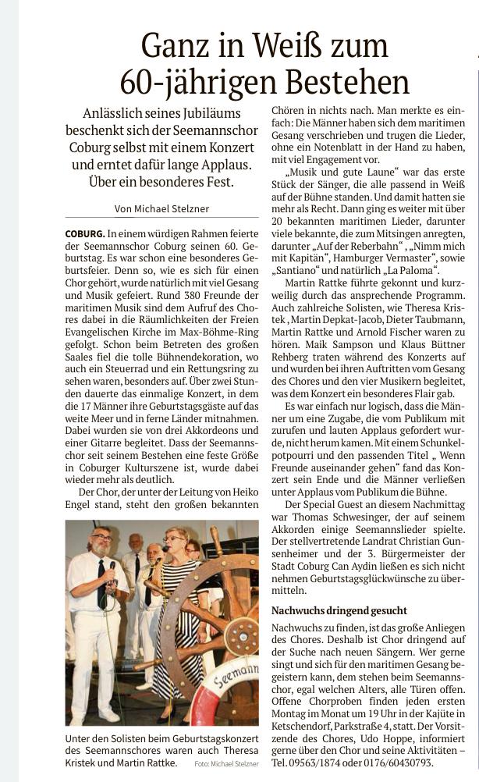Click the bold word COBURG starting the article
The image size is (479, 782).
pos(84,234)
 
